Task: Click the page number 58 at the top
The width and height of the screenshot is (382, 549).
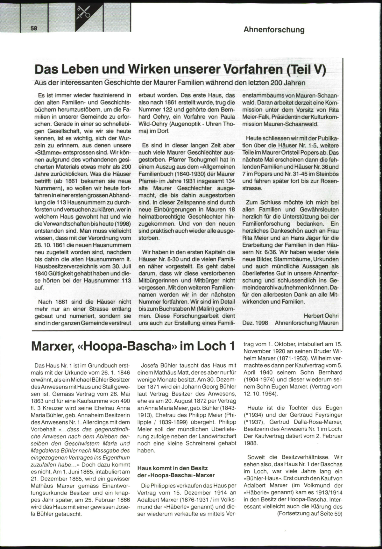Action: tap(34, 28)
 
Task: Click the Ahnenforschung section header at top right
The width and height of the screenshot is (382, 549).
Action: tap(274, 30)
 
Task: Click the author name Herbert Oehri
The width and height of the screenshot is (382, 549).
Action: tap(321, 316)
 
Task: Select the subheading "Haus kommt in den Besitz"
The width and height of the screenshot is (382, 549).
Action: tap(173, 468)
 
